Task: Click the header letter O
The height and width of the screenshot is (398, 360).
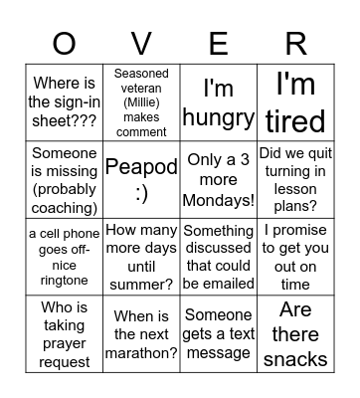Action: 64,44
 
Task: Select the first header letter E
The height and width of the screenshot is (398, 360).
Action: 219,44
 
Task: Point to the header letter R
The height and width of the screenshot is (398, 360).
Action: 295,44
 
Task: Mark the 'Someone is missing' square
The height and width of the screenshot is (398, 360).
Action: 64,180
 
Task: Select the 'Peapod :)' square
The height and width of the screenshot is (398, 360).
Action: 141,180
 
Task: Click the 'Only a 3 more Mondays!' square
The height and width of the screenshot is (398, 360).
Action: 219,180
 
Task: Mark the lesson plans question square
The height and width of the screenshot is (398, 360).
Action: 295,180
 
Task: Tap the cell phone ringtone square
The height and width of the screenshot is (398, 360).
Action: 64,258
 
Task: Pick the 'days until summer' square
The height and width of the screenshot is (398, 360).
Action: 141,258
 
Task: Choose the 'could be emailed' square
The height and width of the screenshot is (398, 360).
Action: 219,258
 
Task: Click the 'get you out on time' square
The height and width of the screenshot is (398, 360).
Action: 295,258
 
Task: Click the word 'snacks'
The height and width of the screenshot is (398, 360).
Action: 295,358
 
